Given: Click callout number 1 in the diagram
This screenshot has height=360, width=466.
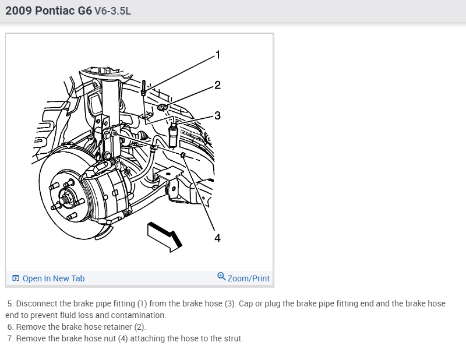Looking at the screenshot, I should click(x=217, y=55).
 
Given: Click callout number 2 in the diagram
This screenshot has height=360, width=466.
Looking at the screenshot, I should click(x=217, y=86).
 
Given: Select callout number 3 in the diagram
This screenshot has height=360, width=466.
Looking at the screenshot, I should click(x=217, y=115).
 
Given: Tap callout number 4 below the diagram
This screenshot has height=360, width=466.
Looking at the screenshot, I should click(x=217, y=238).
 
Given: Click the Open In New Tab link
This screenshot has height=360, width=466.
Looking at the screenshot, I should click(x=54, y=278).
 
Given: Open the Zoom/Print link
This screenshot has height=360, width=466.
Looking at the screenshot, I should click(x=249, y=278).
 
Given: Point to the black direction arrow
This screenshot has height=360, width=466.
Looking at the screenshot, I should click(x=165, y=234).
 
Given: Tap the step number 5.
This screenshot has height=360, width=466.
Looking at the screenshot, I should click(x=10, y=304).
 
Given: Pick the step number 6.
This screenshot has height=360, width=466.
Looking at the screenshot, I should click(x=10, y=327).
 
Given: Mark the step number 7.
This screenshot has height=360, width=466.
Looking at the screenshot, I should click(x=10, y=338).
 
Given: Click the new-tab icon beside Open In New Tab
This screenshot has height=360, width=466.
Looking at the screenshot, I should click(x=16, y=278).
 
